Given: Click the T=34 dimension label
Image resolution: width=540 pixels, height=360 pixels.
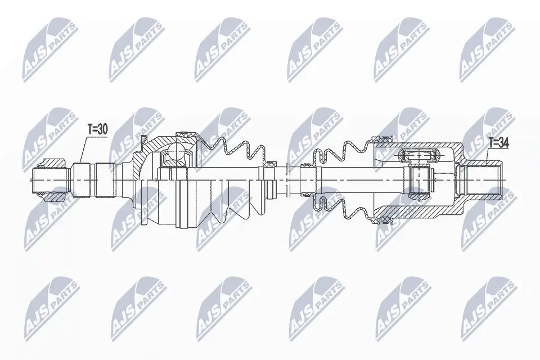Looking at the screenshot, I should (x=498, y=143).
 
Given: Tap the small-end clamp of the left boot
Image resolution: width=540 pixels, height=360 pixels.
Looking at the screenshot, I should (x=272, y=164).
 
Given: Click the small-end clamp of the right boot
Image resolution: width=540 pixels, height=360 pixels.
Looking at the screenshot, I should (x=307, y=165).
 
